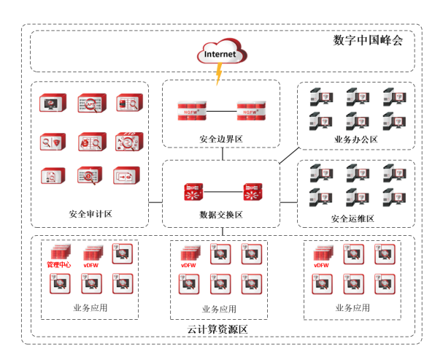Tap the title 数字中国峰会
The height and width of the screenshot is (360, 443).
[368, 39]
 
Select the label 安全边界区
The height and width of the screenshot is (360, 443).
[220, 139]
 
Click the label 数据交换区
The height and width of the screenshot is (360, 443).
[220, 214]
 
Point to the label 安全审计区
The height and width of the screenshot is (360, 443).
[90, 214]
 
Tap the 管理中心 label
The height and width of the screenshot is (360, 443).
[59, 264]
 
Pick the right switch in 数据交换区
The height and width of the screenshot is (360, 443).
[253, 193]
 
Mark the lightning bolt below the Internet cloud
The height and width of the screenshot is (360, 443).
[218, 74]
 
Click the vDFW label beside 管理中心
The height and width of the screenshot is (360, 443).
[91, 264]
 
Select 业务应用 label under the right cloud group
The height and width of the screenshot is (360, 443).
[353, 307]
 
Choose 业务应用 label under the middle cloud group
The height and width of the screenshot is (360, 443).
[220, 308]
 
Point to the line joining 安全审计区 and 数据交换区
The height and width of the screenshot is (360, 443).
[155, 201]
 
